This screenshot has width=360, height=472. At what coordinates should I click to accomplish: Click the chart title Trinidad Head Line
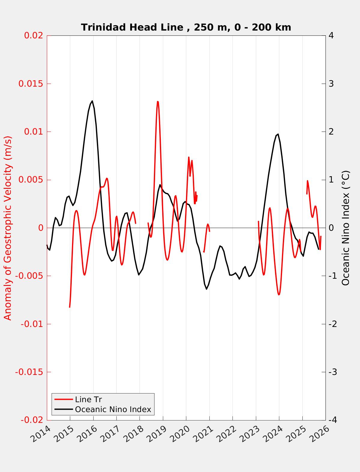(x=186, y=27)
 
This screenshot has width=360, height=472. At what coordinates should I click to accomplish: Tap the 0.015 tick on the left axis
(x=31, y=84)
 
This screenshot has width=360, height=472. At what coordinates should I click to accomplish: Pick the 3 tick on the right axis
(x=331, y=84)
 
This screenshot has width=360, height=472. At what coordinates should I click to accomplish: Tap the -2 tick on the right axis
(x=332, y=324)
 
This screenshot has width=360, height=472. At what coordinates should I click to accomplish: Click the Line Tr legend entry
(x=88, y=399)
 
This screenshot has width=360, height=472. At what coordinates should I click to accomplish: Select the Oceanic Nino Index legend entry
(x=113, y=409)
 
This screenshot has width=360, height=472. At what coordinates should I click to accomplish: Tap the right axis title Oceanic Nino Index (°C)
(x=346, y=228)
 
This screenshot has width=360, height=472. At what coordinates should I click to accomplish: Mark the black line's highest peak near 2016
(x=92, y=101)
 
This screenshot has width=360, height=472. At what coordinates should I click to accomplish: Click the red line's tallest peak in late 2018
(x=157, y=102)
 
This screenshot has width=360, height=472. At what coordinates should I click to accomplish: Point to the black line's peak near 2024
(x=278, y=134)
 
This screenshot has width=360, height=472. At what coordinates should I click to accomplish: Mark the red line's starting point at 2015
(x=70, y=307)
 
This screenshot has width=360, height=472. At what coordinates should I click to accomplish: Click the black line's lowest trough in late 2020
(x=206, y=289)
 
